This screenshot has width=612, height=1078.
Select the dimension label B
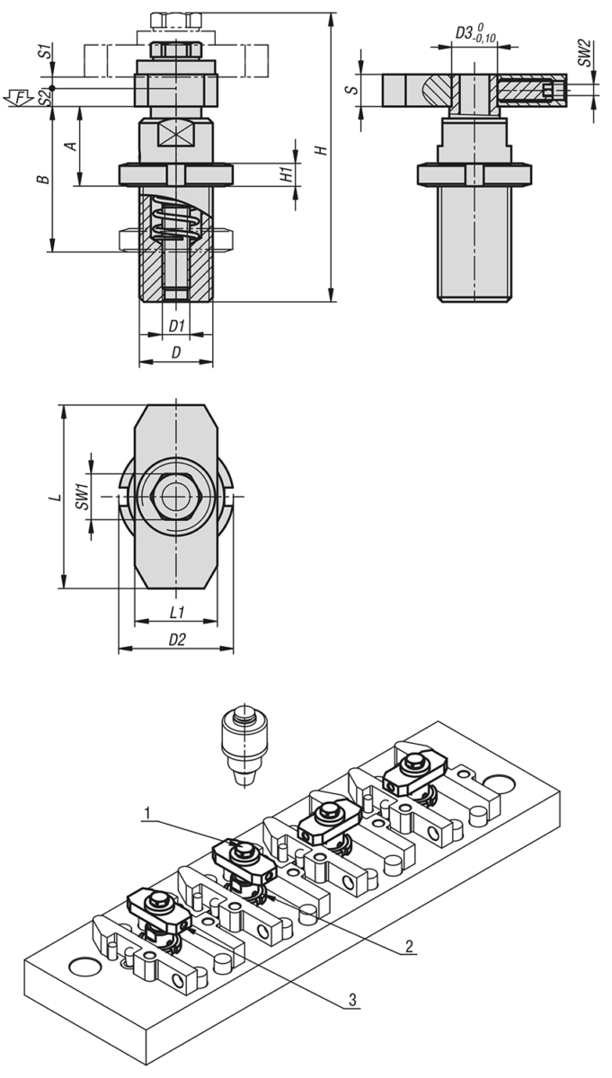(x=42, y=181)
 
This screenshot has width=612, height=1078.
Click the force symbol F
(x=20, y=95)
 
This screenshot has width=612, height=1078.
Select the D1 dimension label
(x=176, y=325)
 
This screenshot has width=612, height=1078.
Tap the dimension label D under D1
(x=176, y=353)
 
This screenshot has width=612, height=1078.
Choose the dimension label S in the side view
(x=354, y=88)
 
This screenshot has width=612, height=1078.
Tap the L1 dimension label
(x=177, y=611)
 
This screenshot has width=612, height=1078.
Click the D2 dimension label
(x=177, y=639)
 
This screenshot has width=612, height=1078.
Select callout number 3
(x=353, y=999)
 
